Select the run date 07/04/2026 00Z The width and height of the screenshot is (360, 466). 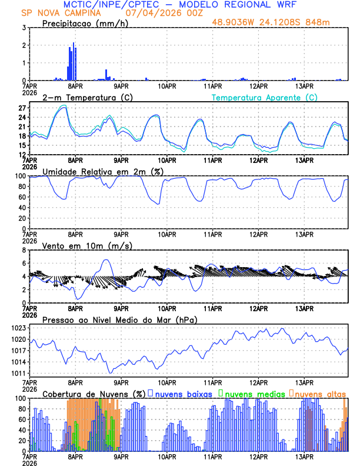pos(159,12)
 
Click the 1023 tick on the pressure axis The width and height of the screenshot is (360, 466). pos(18,328)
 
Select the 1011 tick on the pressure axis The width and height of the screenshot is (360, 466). pos(18,373)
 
